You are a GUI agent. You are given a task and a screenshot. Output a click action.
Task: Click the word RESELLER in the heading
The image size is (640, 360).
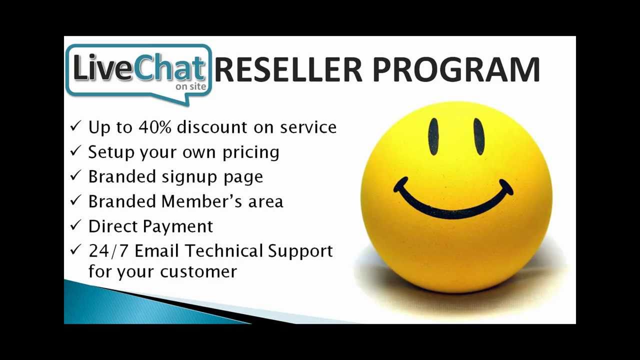(x=288, y=69)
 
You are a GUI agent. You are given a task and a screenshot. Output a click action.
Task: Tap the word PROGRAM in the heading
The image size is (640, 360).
(x=456, y=69)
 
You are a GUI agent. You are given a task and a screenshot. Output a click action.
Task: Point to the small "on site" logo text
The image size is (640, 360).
(x=191, y=86)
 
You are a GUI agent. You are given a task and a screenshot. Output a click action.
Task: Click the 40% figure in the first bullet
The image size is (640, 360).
(x=155, y=127)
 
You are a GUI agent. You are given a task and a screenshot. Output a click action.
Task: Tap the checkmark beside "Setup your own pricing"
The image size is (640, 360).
(x=75, y=150)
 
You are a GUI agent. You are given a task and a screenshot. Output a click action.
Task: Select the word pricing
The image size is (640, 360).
(x=251, y=153)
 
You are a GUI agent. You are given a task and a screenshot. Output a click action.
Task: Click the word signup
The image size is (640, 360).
(x=189, y=177)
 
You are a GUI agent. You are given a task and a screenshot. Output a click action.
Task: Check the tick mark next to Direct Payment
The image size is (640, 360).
(x=75, y=225)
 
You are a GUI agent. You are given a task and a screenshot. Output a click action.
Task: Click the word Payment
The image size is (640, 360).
(x=177, y=227)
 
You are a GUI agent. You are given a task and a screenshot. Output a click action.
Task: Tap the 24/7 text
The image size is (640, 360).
(x=107, y=251)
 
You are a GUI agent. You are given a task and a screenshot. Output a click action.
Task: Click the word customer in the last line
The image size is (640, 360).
(x=198, y=271)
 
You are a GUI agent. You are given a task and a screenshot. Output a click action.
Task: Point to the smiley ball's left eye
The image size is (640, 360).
(x=433, y=136)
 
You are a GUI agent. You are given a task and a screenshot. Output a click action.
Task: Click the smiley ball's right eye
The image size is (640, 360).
(x=479, y=136)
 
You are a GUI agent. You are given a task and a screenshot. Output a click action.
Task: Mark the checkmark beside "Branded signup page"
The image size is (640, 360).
(x=75, y=175)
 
